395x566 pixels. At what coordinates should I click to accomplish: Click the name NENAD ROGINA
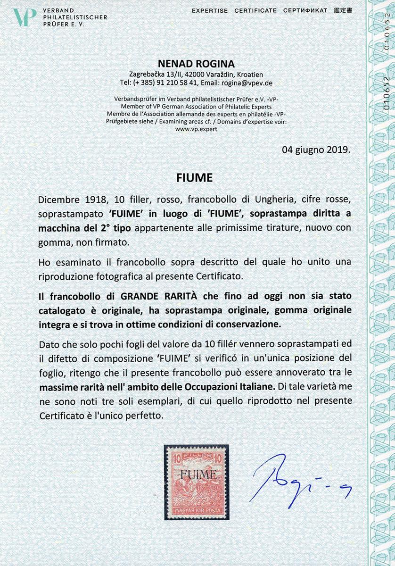coord(197,65)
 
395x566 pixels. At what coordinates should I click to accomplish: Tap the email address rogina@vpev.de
coord(247,83)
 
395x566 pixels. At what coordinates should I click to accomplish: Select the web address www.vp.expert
coord(197,129)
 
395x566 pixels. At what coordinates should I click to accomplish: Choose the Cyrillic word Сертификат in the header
coord(305,10)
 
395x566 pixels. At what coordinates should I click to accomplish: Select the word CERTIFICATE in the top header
coord(255,10)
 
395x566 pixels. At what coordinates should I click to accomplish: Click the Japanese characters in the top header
coord(343,10)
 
